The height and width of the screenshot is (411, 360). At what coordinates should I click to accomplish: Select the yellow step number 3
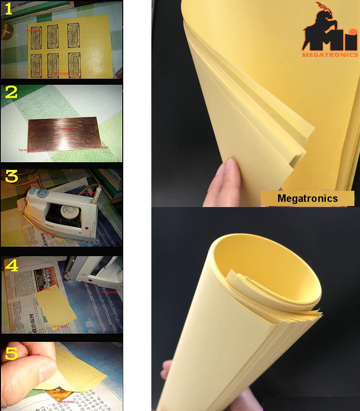[11, 176]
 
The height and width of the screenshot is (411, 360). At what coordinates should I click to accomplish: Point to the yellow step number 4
[11, 265]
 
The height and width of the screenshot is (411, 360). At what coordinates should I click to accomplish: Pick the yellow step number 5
[12, 353]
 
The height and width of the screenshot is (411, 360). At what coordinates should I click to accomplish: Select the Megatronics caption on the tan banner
[307, 198]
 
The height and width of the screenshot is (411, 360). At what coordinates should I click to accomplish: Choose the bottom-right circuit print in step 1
[74, 65]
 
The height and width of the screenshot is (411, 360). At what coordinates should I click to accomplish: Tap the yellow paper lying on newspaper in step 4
[57, 305]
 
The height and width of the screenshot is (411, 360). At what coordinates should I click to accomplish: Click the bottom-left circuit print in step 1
[36, 65]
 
